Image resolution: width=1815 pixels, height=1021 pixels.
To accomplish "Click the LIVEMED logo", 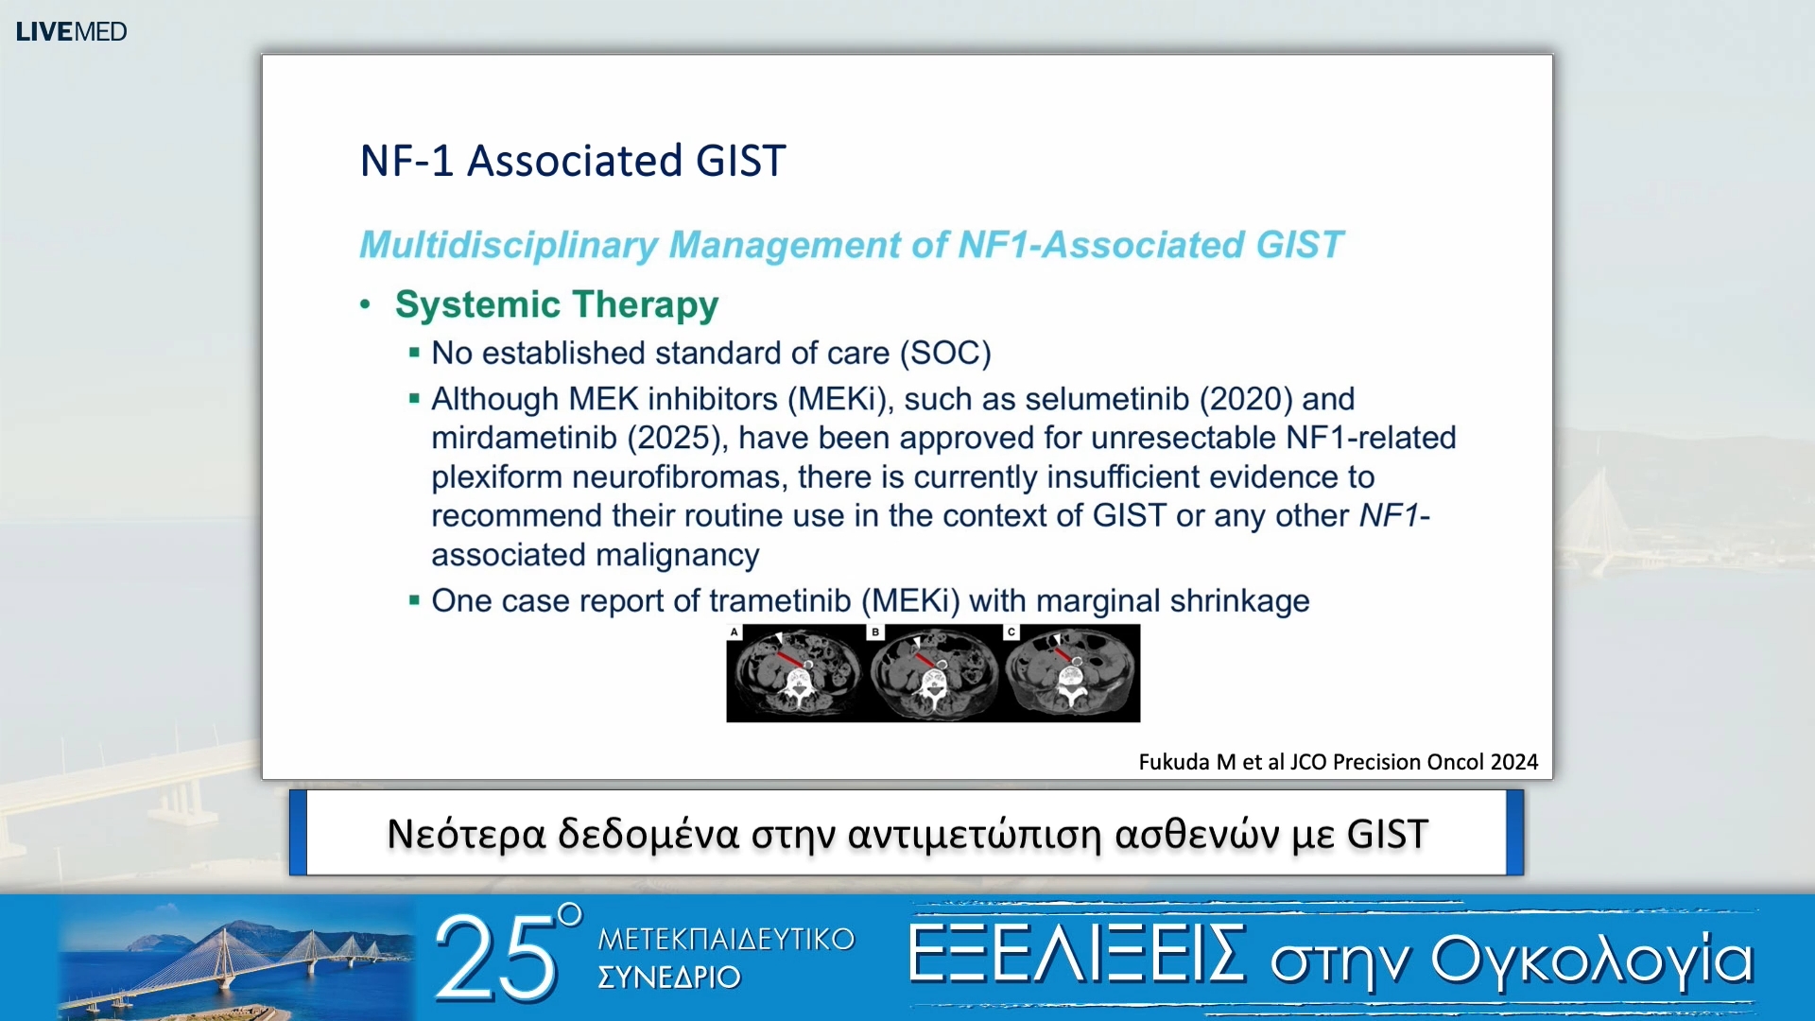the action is click(71, 31).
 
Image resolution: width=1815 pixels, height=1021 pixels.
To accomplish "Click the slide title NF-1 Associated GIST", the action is click(573, 161).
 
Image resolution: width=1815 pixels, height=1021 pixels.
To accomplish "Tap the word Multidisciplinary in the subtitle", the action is click(509, 245).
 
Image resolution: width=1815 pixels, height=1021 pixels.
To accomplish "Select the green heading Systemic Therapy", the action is click(557, 304).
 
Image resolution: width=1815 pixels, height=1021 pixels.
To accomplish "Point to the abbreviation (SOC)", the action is click(945, 353).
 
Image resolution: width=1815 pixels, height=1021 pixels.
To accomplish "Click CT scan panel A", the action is click(796, 673).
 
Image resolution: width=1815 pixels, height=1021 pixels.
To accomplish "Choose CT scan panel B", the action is click(934, 673).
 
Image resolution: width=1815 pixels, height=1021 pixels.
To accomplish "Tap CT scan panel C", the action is click(1072, 673).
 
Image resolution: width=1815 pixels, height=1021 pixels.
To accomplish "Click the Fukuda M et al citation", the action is click(1339, 762).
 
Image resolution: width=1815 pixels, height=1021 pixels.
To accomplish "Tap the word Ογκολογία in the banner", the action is click(1593, 960).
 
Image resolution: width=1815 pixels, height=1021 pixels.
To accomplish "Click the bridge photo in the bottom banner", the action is click(236, 959).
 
